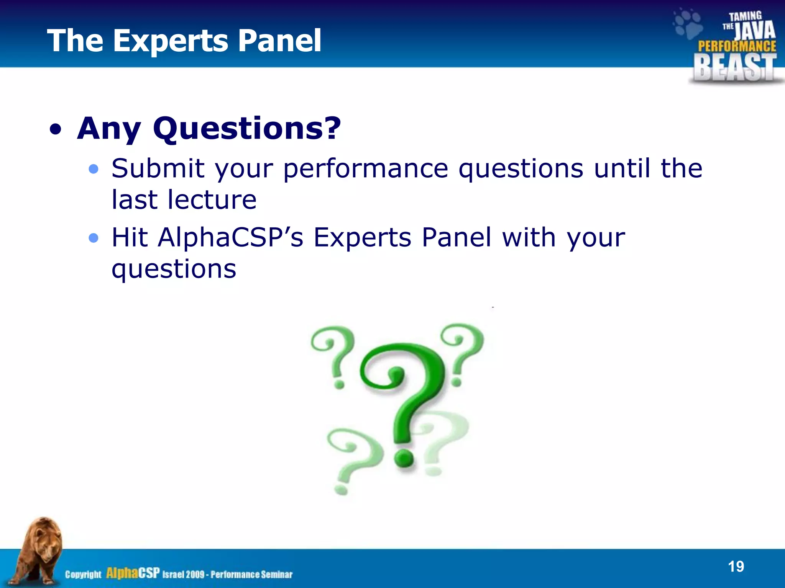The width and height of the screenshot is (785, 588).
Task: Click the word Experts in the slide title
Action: coord(171,41)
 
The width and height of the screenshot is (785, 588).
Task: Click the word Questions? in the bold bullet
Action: coord(247,128)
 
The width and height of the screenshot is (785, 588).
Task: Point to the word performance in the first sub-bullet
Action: coord(366,169)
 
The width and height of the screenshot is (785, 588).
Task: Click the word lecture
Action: coord(212,200)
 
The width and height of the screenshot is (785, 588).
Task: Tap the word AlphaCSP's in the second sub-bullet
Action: coord(230,237)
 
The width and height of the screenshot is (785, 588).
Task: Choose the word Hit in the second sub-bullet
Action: coord(130,237)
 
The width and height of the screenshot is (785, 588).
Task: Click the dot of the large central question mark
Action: coord(403,457)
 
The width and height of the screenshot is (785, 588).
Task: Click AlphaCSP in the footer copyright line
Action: coord(133,573)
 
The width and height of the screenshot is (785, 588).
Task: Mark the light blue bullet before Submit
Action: coord(93,169)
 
